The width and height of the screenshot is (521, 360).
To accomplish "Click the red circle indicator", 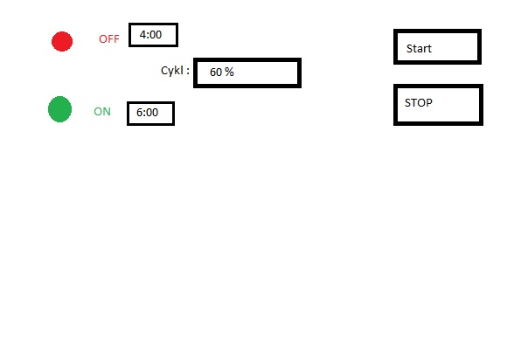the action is tap(62, 42).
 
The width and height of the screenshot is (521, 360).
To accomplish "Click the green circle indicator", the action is tap(59, 109).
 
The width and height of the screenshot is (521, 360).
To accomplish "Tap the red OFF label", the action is tap(109, 39).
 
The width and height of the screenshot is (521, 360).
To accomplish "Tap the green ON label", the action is tap(102, 112).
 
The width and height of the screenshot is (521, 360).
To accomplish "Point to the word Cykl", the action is tap(172, 71).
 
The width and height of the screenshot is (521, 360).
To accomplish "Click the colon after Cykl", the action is tap(188, 71).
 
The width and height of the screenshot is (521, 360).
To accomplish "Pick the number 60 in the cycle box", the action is tap(216, 72).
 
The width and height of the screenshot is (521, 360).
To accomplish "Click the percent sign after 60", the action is tap(229, 72).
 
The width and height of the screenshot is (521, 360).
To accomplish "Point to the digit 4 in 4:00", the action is tap(142, 35).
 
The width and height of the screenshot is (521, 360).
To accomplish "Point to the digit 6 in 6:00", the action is tap(140, 112).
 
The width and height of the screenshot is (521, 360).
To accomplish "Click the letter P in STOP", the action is tap(429, 103).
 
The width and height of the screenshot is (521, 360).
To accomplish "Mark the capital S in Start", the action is tap(409, 49).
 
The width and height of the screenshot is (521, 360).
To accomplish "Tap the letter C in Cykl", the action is tap(164, 70).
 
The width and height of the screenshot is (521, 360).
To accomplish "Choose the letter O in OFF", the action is tap(103, 39).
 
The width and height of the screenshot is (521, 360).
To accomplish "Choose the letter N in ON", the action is tap(107, 112).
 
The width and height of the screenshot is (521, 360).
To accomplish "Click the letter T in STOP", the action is tap(413, 103).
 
